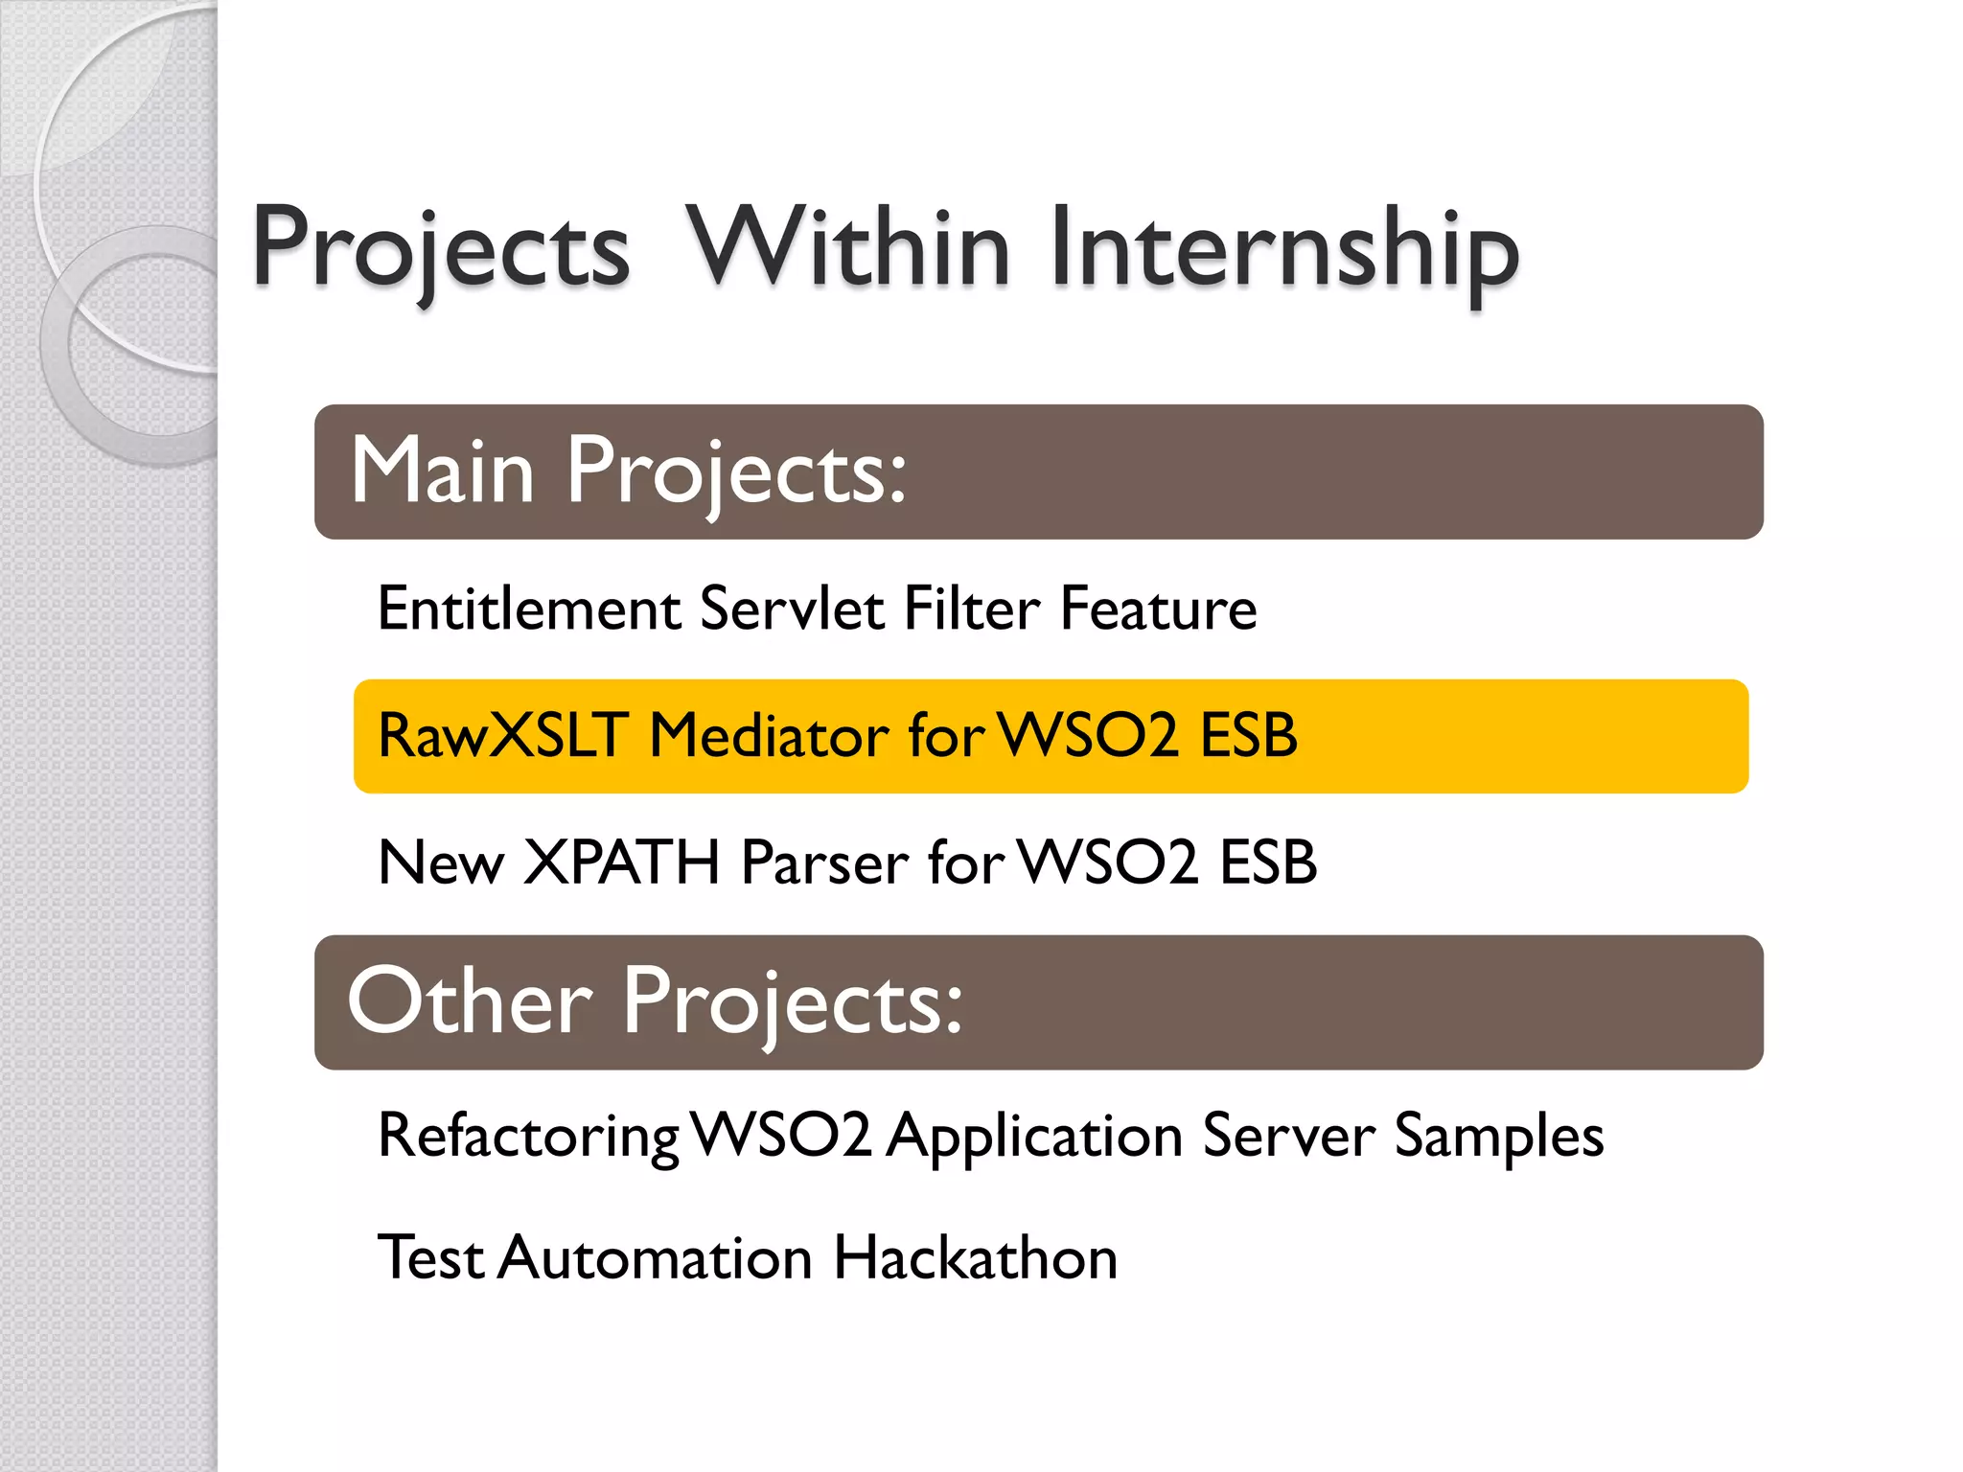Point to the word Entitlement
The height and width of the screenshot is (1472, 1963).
tap(529, 609)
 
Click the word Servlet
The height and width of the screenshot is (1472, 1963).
tap(792, 609)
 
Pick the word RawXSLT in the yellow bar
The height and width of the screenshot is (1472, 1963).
tap(503, 736)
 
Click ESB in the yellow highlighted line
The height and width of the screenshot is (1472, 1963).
tap(1249, 736)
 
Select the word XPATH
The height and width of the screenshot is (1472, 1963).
tap(622, 862)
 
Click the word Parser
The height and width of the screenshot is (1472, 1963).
tap(825, 862)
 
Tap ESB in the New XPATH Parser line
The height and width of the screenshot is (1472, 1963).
tap(1267, 862)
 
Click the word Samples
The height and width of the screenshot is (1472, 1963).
tap(1498, 1136)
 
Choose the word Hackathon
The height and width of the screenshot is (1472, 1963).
tap(975, 1257)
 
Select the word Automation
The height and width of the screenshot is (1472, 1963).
tap(656, 1257)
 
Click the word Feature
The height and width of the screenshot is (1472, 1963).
tap(1158, 609)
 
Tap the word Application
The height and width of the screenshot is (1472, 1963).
tap(1035, 1136)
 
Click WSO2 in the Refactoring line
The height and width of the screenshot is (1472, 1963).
tap(781, 1136)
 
